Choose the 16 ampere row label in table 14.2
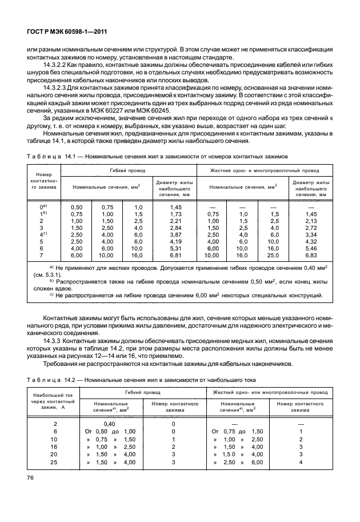coord(55,446)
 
